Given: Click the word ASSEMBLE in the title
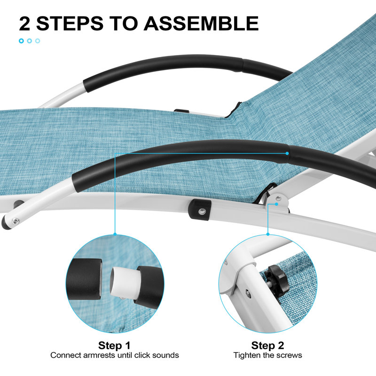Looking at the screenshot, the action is pyautogui.click(x=201, y=23).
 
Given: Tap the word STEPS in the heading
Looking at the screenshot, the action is pyautogui.click(x=70, y=23).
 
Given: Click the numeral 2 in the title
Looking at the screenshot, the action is pyautogui.click(x=24, y=23).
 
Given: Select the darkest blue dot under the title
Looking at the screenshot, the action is pyautogui.click(x=21, y=41).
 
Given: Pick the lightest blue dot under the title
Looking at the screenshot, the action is pyautogui.click(x=38, y=41).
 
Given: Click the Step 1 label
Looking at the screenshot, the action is pyautogui.click(x=114, y=345).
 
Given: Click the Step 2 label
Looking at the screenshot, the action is pyautogui.click(x=267, y=345).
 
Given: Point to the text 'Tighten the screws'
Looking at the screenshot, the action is pyautogui.click(x=267, y=355).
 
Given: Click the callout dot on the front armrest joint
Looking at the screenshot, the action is pyautogui.click(x=287, y=153).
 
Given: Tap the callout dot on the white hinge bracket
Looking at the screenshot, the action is pyautogui.click(x=276, y=204).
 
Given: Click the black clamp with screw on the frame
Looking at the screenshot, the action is pyautogui.click(x=200, y=210).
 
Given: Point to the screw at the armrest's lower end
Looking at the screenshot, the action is pyautogui.click(x=16, y=221).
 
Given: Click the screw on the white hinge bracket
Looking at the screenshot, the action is pyautogui.click(x=278, y=198).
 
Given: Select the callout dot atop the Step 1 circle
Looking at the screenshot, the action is pyautogui.click(x=115, y=234).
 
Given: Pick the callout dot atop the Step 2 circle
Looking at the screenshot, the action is pyautogui.click(x=268, y=234).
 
